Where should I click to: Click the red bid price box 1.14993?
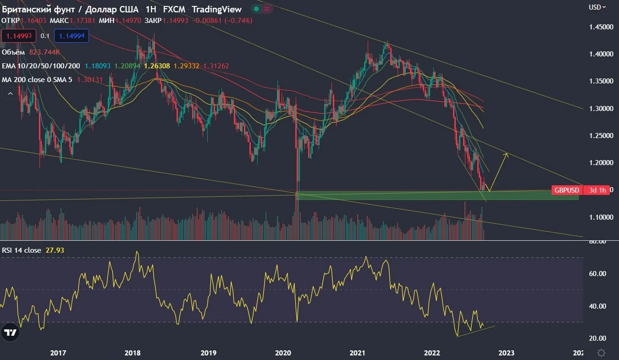click(x=19, y=36)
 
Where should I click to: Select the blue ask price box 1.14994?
click(x=72, y=36)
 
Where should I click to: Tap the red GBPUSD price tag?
click(x=567, y=190)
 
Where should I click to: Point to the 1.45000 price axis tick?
click(x=601, y=27)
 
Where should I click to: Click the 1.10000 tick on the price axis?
click(x=601, y=217)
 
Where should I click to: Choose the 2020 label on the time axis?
click(x=283, y=353)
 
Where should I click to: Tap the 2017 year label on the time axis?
click(x=58, y=353)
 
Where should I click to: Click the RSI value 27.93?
click(x=55, y=250)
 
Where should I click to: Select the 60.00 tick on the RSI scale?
click(x=597, y=273)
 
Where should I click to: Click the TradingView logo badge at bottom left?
click(x=10, y=332)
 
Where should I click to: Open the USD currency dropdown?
click(x=597, y=7)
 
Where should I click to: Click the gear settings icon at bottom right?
click(x=601, y=353)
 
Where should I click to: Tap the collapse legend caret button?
click(x=10, y=94)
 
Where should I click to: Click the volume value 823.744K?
click(x=44, y=52)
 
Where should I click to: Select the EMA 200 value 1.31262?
click(x=216, y=66)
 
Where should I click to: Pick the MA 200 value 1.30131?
click(x=90, y=80)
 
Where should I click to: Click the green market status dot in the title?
click(x=256, y=9)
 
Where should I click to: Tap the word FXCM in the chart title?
click(x=174, y=9)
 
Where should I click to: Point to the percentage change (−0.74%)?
click(x=238, y=21)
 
